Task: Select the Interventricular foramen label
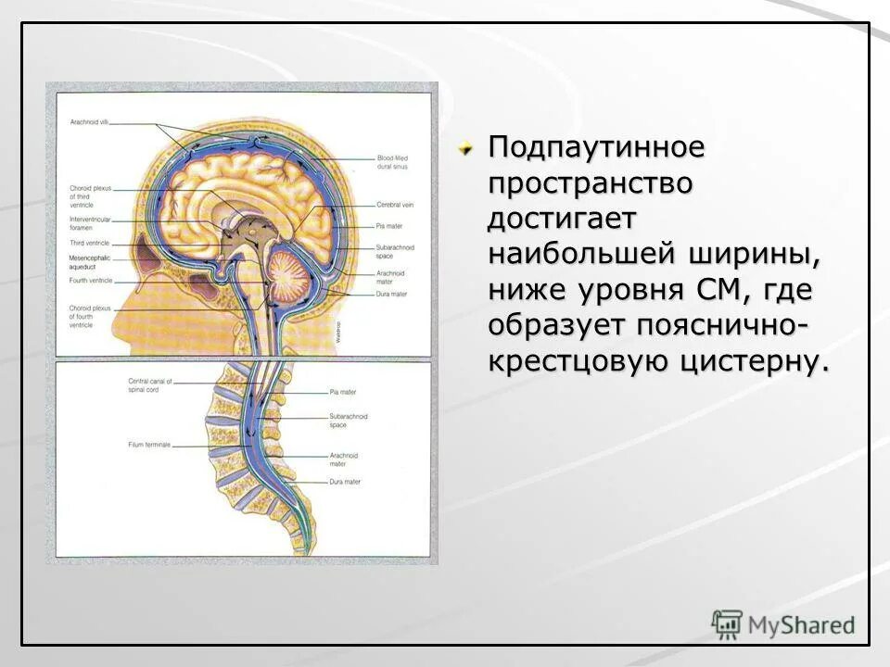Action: (x=91, y=222)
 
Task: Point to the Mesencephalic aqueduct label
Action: (x=91, y=259)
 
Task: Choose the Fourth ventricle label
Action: (x=89, y=280)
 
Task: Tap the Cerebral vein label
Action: (x=393, y=204)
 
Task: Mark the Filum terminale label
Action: (x=149, y=445)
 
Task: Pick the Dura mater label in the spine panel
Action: (x=344, y=483)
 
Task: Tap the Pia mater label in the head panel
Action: (x=388, y=224)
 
